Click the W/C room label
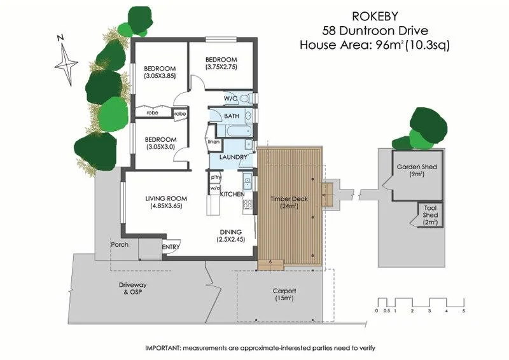click(231, 99)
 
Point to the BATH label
click(231, 116)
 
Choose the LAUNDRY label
click(232, 157)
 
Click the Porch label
click(119, 244)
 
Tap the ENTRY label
click(171, 247)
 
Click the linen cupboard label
click(214, 141)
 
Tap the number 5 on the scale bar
click(464, 311)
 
